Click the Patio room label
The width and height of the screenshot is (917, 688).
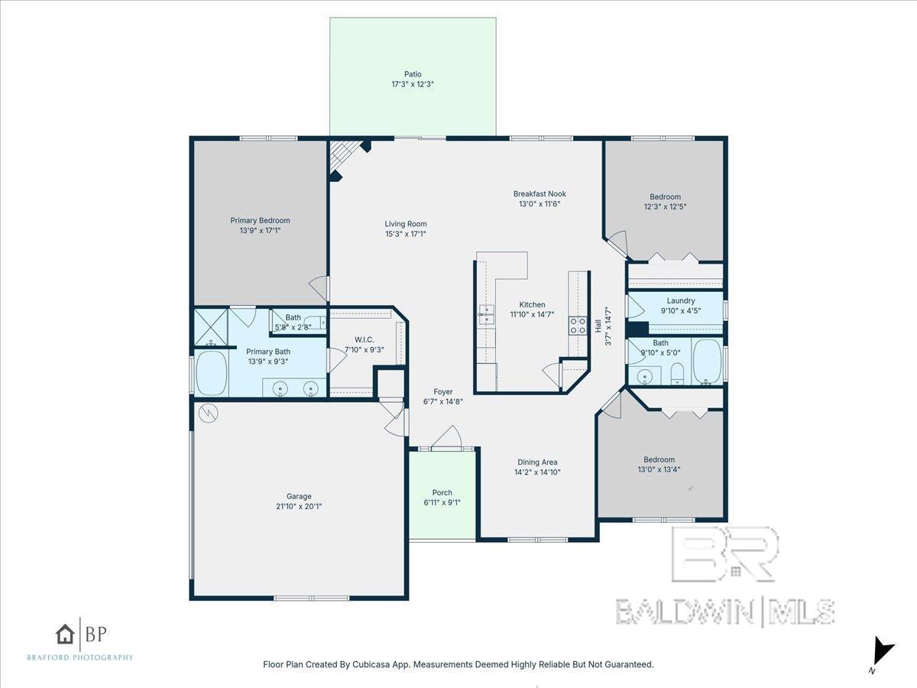[x=413, y=74]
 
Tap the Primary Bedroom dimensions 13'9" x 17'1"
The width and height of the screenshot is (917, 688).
[x=260, y=230]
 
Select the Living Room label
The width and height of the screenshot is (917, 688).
[x=406, y=224]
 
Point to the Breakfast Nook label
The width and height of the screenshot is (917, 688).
[x=540, y=194]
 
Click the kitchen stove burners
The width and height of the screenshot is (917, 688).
[x=578, y=326]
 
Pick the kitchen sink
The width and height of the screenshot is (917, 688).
[x=486, y=314]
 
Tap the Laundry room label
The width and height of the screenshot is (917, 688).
[x=681, y=300]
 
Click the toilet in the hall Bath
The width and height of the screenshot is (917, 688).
[x=677, y=374]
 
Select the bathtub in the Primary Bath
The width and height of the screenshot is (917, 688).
[x=212, y=372]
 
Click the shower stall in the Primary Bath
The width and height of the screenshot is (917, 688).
[x=212, y=327]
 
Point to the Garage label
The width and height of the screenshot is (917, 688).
[x=299, y=496]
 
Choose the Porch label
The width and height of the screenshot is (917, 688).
[x=442, y=492]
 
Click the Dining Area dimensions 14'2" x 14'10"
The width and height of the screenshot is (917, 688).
[x=537, y=472]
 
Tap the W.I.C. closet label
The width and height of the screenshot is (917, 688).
[x=365, y=339]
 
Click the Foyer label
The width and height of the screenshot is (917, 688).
[x=442, y=392]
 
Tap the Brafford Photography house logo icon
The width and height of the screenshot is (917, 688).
[x=65, y=634]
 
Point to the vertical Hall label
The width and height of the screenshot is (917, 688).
[x=598, y=326]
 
